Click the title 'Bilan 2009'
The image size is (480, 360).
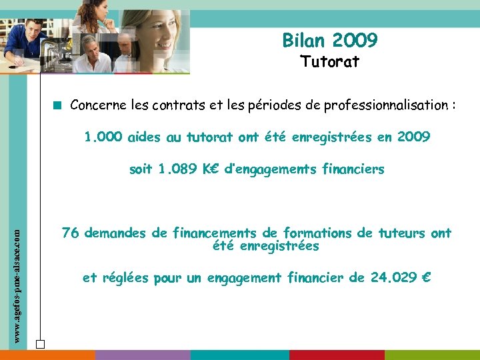330,41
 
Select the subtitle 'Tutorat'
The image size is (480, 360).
330,63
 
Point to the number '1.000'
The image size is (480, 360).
103,137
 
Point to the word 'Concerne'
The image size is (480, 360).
95,105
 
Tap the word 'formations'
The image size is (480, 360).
318,233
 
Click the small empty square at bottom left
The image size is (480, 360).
40,344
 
